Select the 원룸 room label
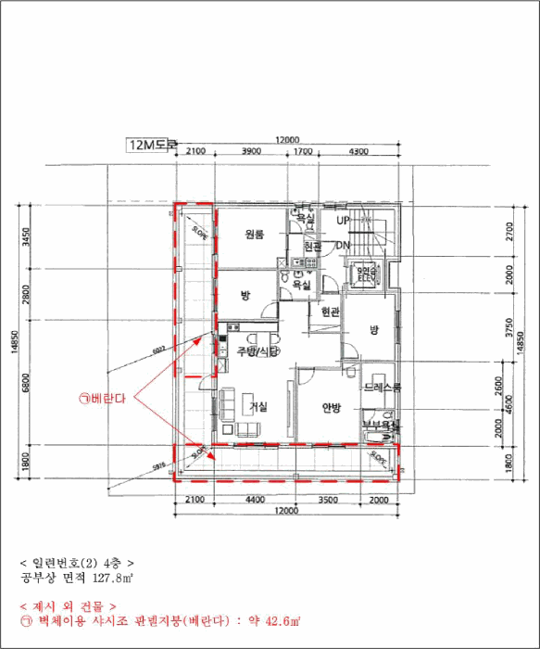(x=256, y=235)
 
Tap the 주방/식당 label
(x=257, y=351)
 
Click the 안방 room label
(x=333, y=407)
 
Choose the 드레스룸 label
(x=382, y=388)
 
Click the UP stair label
(x=343, y=221)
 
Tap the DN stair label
(x=343, y=245)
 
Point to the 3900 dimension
(x=250, y=151)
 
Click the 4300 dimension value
(x=358, y=151)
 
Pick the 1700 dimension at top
(x=302, y=151)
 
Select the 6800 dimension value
(x=26, y=382)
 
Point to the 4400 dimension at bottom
(x=256, y=500)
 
